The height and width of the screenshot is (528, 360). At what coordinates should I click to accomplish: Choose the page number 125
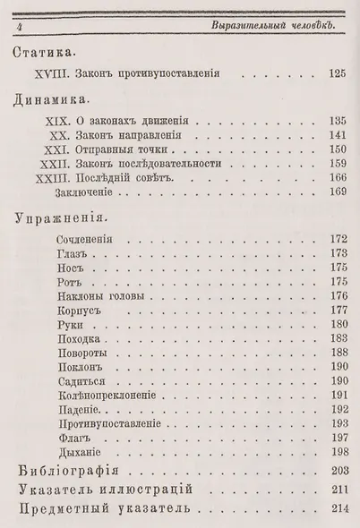[336, 73]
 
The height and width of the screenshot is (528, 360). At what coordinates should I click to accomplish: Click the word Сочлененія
[86, 240]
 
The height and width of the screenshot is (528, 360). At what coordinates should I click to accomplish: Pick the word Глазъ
[70, 256]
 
